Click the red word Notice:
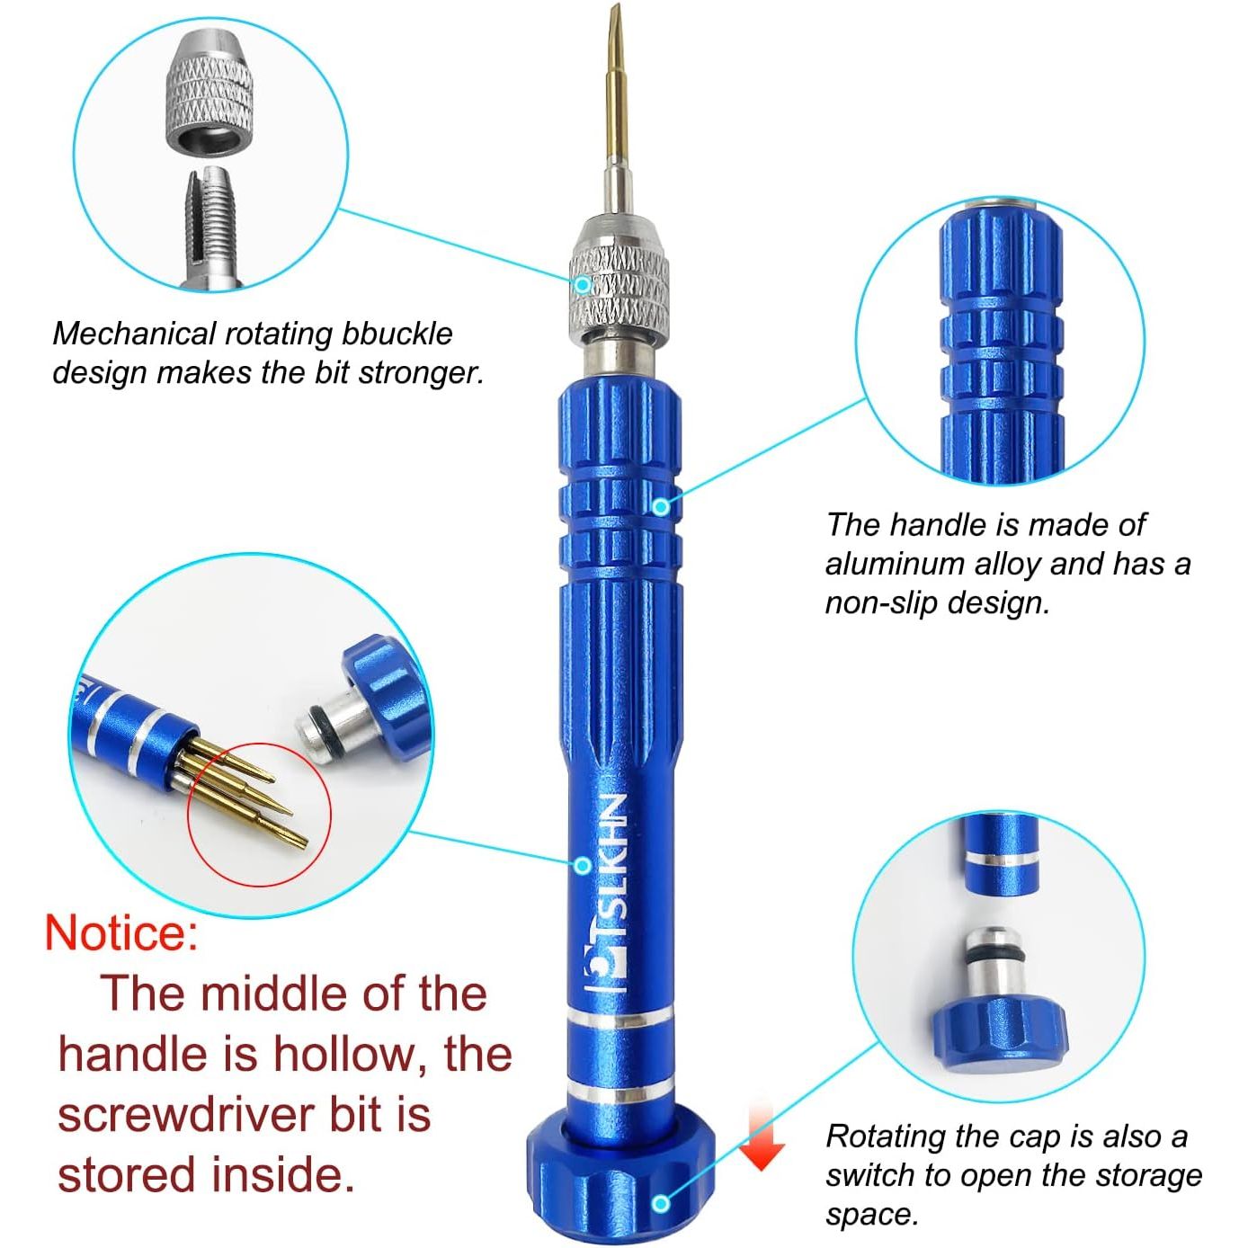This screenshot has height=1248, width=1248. [x=121, y=933]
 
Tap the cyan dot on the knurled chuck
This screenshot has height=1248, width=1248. [x=583, y=283]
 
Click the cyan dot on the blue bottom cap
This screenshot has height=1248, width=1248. [x=661, y=1203]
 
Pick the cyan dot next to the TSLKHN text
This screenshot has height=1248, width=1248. [x=583, y=865]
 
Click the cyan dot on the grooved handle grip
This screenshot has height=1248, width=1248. [x=660, y=506]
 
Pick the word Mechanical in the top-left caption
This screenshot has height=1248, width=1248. [x=133, y=334]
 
